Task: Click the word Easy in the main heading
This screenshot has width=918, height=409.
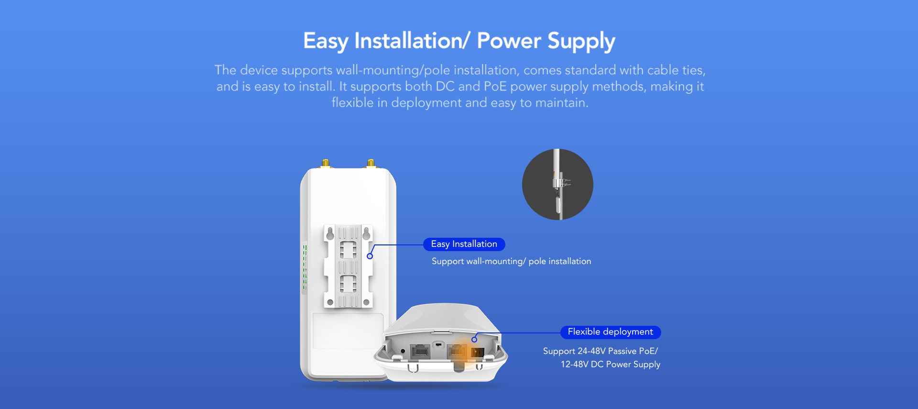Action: click(326, 41)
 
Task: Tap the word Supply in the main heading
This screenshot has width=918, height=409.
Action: click(581, 41)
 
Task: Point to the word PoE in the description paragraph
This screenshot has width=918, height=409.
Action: click(495, 86)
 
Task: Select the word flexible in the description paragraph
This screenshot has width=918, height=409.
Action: click(352, 102)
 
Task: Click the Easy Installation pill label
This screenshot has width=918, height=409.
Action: click(464, 244)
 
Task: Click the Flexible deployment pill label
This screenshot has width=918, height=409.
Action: click(611, 332)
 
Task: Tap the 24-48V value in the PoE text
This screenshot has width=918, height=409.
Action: click(591, 351)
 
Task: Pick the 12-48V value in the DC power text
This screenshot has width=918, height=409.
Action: click(575, 365)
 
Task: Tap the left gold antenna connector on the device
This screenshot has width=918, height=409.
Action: click(325, 164)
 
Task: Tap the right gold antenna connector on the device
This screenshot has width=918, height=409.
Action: click(371, 164)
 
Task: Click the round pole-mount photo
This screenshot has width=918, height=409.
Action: click(557, 185)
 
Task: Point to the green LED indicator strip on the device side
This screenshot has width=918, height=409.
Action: click(305, 267)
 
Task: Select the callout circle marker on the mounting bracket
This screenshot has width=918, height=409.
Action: click(370, 256)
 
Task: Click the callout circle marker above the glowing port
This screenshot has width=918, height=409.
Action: click(474, 340)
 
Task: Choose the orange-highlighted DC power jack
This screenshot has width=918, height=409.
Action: click(477, 353)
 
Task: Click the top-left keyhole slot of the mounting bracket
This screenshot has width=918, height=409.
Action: click(330, 233)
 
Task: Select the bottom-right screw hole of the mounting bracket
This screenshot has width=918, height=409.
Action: click(366, 302)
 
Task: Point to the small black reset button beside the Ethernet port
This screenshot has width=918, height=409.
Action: click(403, 351)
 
